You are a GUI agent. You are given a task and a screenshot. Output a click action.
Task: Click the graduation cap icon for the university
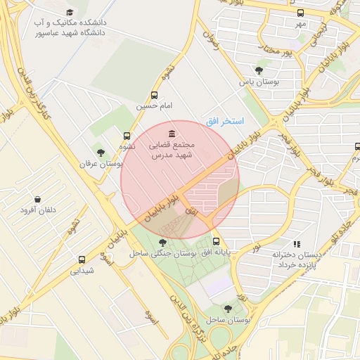(69, 13)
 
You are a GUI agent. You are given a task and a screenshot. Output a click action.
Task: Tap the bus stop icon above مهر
(301, 13)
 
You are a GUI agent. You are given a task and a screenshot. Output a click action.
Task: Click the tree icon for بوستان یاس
(259, 70)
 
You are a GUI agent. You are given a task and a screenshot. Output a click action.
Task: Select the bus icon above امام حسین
(154, 96)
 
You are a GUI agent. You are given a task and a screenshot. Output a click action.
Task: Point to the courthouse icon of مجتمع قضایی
(172, 134)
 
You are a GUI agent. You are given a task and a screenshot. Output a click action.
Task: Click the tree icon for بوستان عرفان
(101, 153)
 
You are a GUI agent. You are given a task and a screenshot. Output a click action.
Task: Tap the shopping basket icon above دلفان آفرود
(37, 199)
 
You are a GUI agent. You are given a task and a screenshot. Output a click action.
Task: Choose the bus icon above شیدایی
(82, 259)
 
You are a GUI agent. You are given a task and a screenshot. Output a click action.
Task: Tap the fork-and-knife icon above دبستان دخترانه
(297, 244)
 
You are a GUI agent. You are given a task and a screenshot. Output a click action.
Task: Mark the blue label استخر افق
(224, 122)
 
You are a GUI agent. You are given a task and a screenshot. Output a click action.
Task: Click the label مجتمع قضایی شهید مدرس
(172, 149)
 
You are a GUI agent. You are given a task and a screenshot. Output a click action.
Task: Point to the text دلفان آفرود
(37, 210)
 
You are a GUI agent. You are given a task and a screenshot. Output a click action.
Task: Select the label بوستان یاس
(259, 82)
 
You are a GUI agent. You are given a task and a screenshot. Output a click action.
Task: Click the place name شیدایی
(82, 270)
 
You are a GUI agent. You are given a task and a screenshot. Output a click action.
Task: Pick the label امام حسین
(154, 106)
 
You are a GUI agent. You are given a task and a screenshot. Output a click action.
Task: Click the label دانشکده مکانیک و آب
(69, 27)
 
